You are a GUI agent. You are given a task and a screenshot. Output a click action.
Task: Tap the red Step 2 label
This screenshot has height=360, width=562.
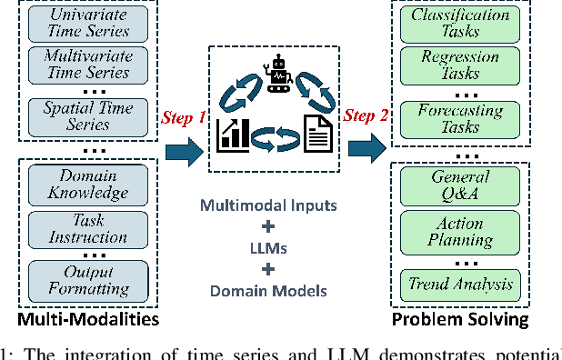tap(366, 118)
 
